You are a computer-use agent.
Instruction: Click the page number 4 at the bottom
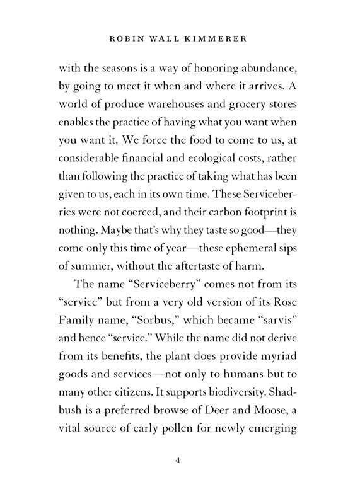point(179,461)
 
